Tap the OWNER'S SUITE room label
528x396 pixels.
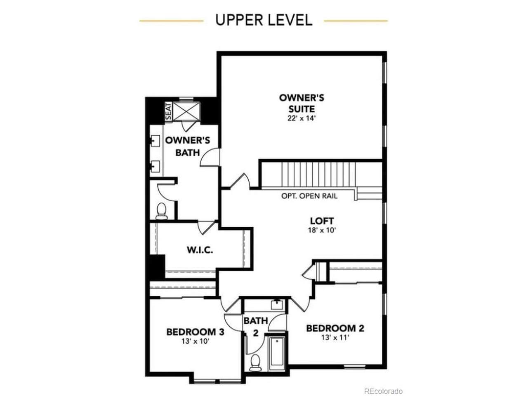pyautogui.click(x=302, y=104)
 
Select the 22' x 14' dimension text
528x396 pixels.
pyautogui.click(x=302, y=118)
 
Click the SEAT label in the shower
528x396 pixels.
pyautogui.click(x=169, y=111)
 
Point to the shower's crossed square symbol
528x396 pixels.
pyautogui.click(x=186, y=111)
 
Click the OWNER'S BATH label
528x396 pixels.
pyautogui.click(x=188, y=146)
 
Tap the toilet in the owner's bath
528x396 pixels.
pyautogui.click(x=161, y=211)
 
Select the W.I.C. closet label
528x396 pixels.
pyautogui.click(x=200, y=250)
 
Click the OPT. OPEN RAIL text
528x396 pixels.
pyautogui.click(x=309, y=196)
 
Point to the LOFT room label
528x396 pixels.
pyautogui.click(x=322, y=221)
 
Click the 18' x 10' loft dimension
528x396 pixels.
pyautogui.click(x=322, y=230)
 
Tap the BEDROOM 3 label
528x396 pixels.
pyautogui.click(x=196, y=332)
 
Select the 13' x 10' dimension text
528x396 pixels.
pyautogui.click(x=196, y=341)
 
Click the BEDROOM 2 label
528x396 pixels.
pyautogui.click(x=335, y=328)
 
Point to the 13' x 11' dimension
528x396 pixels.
pyautogui.click(x=335, y=337)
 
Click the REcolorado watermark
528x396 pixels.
pyautogui.click(x=383, y=391)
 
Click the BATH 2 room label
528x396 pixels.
pyautogui.click(x=256, y=327)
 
